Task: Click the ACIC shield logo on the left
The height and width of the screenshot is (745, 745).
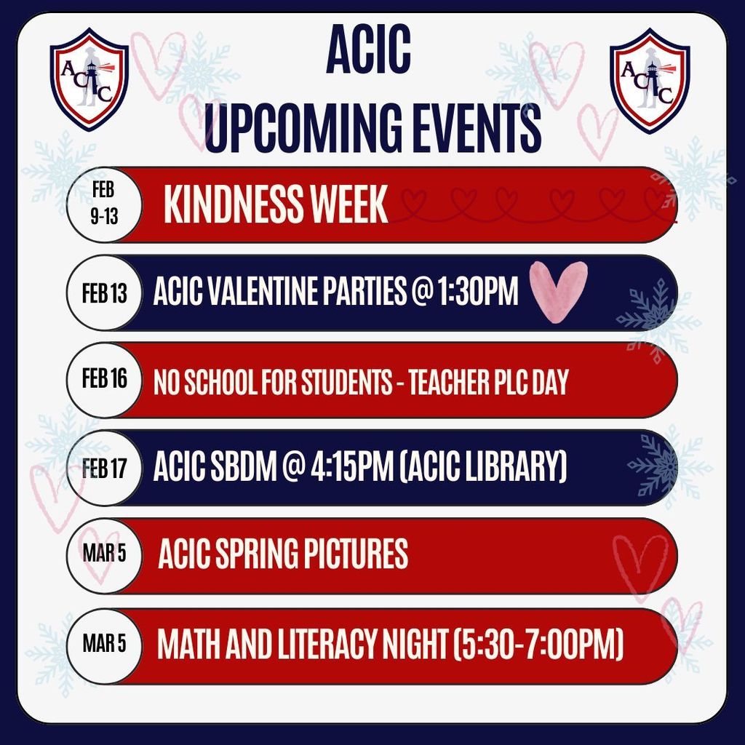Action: tap(89, 78)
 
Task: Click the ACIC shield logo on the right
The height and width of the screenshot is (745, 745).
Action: tap(650, 80)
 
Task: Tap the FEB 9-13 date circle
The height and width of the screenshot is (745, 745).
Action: tap(103, 204)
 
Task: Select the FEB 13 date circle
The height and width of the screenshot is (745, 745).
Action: tap(104, 293)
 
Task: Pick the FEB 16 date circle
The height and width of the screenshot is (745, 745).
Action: tap(104, 380)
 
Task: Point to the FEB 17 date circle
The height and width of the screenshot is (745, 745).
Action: tap(104, 468)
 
